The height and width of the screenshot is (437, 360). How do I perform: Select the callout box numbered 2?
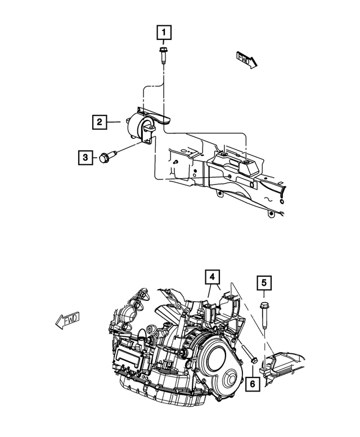coord(98,121)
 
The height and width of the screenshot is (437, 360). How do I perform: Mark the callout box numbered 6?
coord(252,384)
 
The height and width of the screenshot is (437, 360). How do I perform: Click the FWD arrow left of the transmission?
coord(67,321)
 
